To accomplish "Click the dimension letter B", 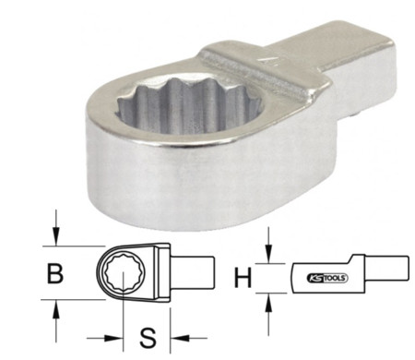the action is pyautogui.click(x=55, y=273).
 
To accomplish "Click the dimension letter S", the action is pyautogui.click(x=148, y=338).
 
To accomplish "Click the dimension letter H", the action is pyautogui.click(x=243, y=278).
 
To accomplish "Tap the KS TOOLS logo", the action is pyautogui.click(x=326, y=278).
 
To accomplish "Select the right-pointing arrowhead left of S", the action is pyautogui.click(x=113, y=338).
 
